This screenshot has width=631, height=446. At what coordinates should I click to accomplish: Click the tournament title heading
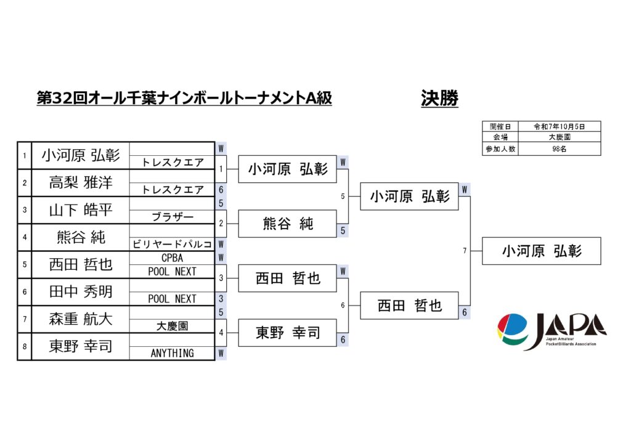(x=184, y=99)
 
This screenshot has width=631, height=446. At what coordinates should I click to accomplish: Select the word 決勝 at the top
(x=439, y=98)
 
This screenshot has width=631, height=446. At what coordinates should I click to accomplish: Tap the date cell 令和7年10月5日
(x=558, y=126)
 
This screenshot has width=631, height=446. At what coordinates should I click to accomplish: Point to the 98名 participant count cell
(x=558, y=148)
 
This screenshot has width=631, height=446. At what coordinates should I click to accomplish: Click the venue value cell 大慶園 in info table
(x=558, y=137)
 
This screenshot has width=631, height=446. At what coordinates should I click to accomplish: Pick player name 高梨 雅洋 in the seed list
(x=81, y=182)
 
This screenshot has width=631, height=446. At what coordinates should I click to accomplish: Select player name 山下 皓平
(x=81, y=210)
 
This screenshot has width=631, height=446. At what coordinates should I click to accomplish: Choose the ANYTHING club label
(x=172, y=353)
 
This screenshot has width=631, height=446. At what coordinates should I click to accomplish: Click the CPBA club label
(x=172, y=258)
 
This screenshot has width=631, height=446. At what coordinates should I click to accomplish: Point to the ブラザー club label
(x=172, y=217)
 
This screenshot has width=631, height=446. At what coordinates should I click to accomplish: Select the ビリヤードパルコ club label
(x=172, y=245)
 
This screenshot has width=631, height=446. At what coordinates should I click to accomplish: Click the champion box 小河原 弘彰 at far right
(x=541, y=251)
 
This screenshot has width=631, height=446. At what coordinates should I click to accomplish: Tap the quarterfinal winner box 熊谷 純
(x=287, y=224)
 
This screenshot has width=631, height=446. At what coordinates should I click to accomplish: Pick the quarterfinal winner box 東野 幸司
(x=287, y=333)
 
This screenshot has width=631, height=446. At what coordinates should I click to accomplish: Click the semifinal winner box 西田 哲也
(x=409, y=306)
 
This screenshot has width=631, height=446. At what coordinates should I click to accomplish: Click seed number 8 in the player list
(x=24, y=346)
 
